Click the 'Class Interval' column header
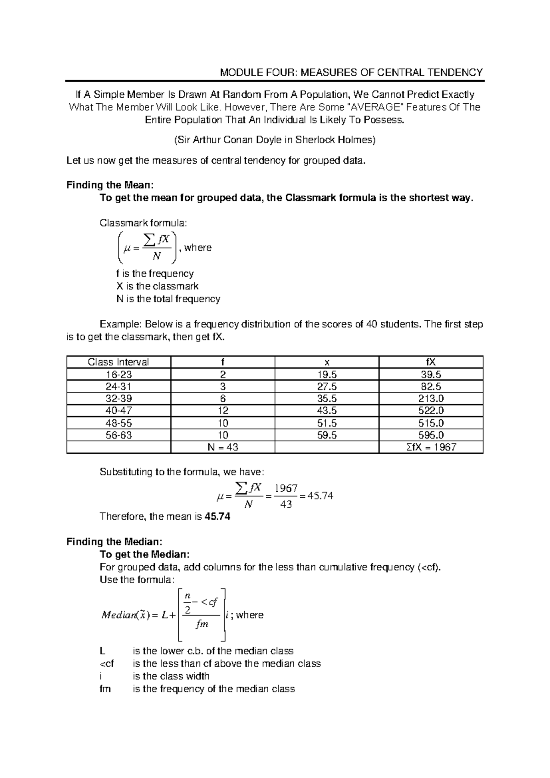[118, 362]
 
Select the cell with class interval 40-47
[118, 411]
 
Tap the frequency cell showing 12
[223, 411]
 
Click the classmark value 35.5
[327, 399]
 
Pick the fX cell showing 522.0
[431, 411]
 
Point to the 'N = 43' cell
[223, 447]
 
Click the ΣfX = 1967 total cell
[431, 447]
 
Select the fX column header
[431, 362]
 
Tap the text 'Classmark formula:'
[143, 223]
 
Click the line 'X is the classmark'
[157, 286]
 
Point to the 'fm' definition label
[105, 689]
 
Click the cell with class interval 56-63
[118, 435]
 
